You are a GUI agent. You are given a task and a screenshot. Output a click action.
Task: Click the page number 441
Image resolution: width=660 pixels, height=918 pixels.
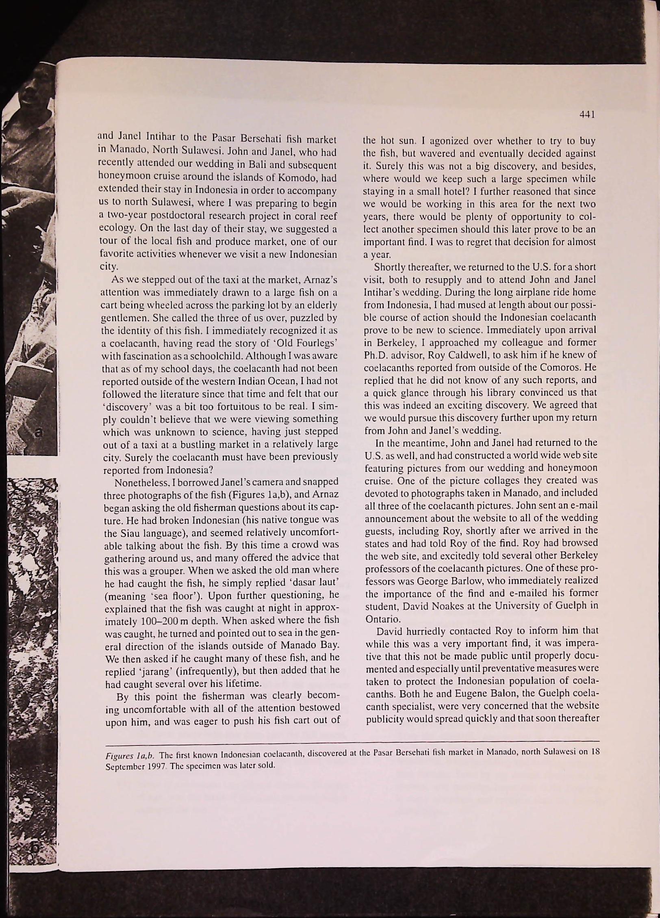[x=588, y=115]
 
